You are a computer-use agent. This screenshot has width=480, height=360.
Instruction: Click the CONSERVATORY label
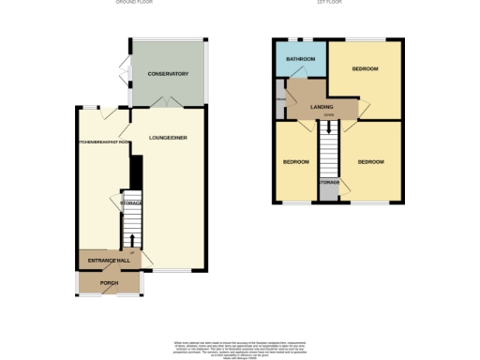coord(169,74)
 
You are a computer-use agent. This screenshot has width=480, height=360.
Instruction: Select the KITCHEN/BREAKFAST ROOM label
coord(103,142)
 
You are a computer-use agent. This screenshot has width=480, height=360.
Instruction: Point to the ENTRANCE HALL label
coord(107,260)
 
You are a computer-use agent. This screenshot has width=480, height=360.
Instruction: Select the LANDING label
coord(322,108)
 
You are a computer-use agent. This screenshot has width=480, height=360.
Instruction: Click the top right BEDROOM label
coord(366,69)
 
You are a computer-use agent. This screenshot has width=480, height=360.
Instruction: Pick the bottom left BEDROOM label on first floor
coord(296,162)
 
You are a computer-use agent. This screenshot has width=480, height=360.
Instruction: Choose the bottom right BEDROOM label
coord(370,162)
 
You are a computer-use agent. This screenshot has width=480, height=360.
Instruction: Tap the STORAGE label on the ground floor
coord(130,202)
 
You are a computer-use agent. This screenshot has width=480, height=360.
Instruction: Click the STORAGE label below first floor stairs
coord(329,182)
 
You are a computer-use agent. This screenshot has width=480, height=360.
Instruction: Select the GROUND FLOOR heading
coord(133,4)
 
